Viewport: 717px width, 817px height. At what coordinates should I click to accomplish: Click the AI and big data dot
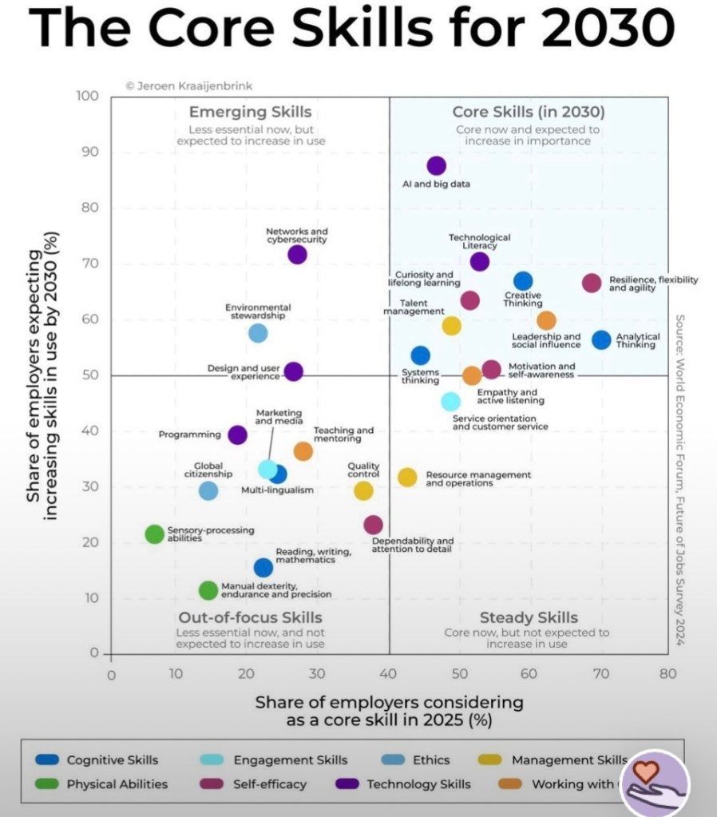pyautogui.click(x=436, y=166)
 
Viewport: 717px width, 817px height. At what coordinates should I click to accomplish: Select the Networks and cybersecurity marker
pyautogui.click(x=297, y=255)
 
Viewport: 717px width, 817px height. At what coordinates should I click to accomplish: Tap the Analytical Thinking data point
pyautogui.click(x=601, y=339)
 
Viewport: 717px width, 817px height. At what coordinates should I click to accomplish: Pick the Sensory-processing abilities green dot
pyautogui.click(x=155, y=534)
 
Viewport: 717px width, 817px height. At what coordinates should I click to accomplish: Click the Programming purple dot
pyautogui.click(x=237, y=435)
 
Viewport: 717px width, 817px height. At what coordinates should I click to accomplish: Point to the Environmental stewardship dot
pyautogui.click(x=257, y=333)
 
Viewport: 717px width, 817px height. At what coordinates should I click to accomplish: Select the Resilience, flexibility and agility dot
pyautogui.click(x=592, y=283)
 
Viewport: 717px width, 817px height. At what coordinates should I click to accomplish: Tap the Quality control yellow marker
pyautogui.click(x=363, y=490)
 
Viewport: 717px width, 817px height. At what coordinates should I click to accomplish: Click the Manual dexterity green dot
pyautogui.click(x=208, y=590)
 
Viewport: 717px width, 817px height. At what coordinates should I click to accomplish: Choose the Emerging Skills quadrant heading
pyautogui.click(x=249, y=113)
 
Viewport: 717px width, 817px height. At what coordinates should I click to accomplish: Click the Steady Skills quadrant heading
pyautogui.click(x=529, y=617)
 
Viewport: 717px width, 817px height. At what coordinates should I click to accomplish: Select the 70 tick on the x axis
pyautogui.click(x=600, y=674)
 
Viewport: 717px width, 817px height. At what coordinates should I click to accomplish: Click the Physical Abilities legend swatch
pyautogui.click(x=47, y=784)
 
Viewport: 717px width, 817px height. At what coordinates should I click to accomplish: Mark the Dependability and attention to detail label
pyautogui.click(x=412, y=545)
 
